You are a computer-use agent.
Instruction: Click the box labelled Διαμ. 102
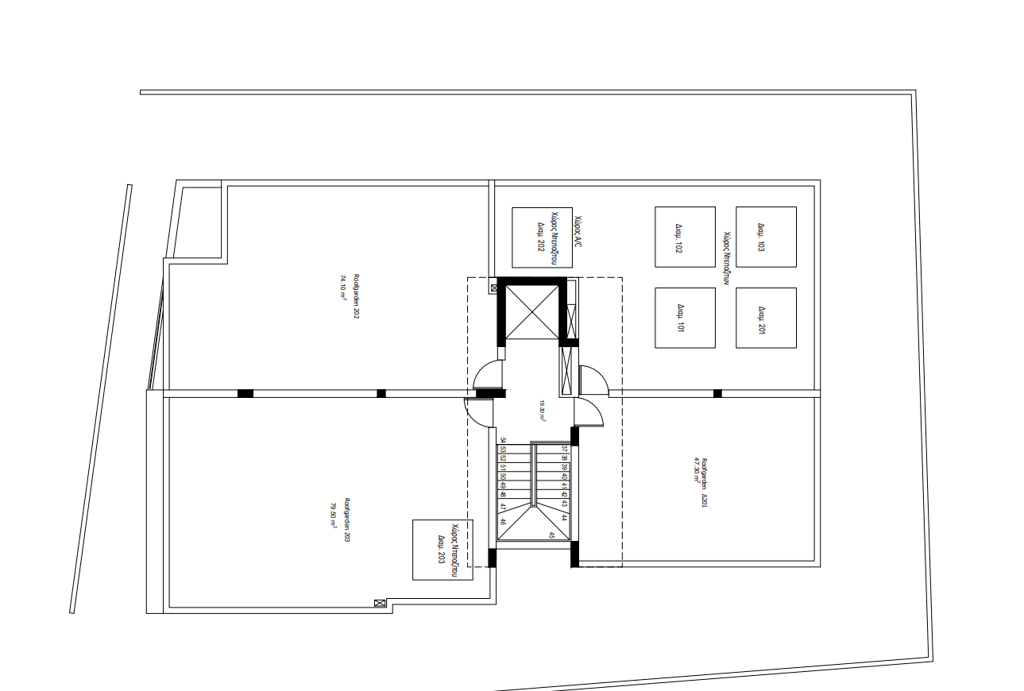[685, 237]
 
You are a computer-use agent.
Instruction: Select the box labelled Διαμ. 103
[766, 237]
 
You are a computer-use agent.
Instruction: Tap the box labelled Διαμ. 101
[685, 318]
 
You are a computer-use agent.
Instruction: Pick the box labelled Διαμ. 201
[766, 318]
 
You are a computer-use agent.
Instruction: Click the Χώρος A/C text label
[578, 232]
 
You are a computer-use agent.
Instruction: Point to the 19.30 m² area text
[542, 408]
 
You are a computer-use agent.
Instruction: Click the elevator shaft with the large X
[532, 311]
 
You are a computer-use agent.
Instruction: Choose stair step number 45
[551, 535]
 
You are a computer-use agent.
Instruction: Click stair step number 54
[503, 440]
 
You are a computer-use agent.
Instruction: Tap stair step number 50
[503, 476]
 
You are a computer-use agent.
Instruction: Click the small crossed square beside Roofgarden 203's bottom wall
[380, 604]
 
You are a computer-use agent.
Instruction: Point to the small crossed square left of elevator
[495, 288]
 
